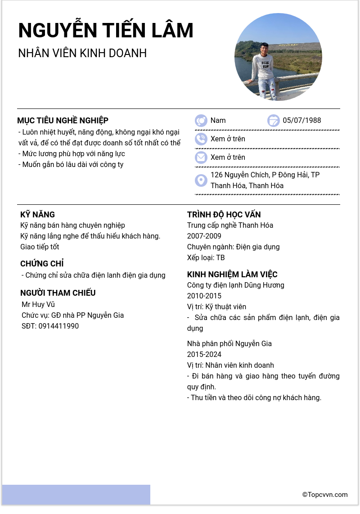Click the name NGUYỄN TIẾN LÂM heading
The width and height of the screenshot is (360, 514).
tap(106, 30)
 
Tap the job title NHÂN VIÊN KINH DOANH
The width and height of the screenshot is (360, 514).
tap(82, 53)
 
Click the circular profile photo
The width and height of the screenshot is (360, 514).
tap(278, 57)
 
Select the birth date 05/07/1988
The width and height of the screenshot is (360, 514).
tap(302, 121)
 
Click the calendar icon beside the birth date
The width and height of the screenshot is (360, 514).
tap(274, 121)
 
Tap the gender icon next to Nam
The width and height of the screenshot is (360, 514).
tap(201, 121)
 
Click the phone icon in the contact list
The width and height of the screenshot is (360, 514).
tap(201, 139)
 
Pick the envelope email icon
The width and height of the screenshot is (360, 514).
tap(201, 158)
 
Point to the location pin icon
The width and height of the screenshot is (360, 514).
tap(201, 180)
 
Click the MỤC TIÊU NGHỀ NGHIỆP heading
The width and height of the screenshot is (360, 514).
tap(63, 121)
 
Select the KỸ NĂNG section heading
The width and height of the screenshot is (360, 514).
tap(37, 215)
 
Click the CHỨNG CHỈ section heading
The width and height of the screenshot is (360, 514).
tap(42, 264)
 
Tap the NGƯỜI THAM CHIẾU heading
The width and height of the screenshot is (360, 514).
tap(58, 293)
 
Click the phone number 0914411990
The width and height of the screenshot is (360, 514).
tap(58, 326)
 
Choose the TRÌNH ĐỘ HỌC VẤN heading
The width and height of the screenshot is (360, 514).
tap(224, 215)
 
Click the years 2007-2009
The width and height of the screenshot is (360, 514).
tap(204, 236)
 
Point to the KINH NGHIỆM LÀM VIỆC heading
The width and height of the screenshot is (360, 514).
tap(232, 275)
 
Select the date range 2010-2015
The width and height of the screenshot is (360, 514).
tap(204, 296)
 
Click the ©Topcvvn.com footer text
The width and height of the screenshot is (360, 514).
tap(325, 495)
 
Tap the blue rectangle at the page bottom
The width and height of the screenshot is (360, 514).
tap(76, 495)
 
